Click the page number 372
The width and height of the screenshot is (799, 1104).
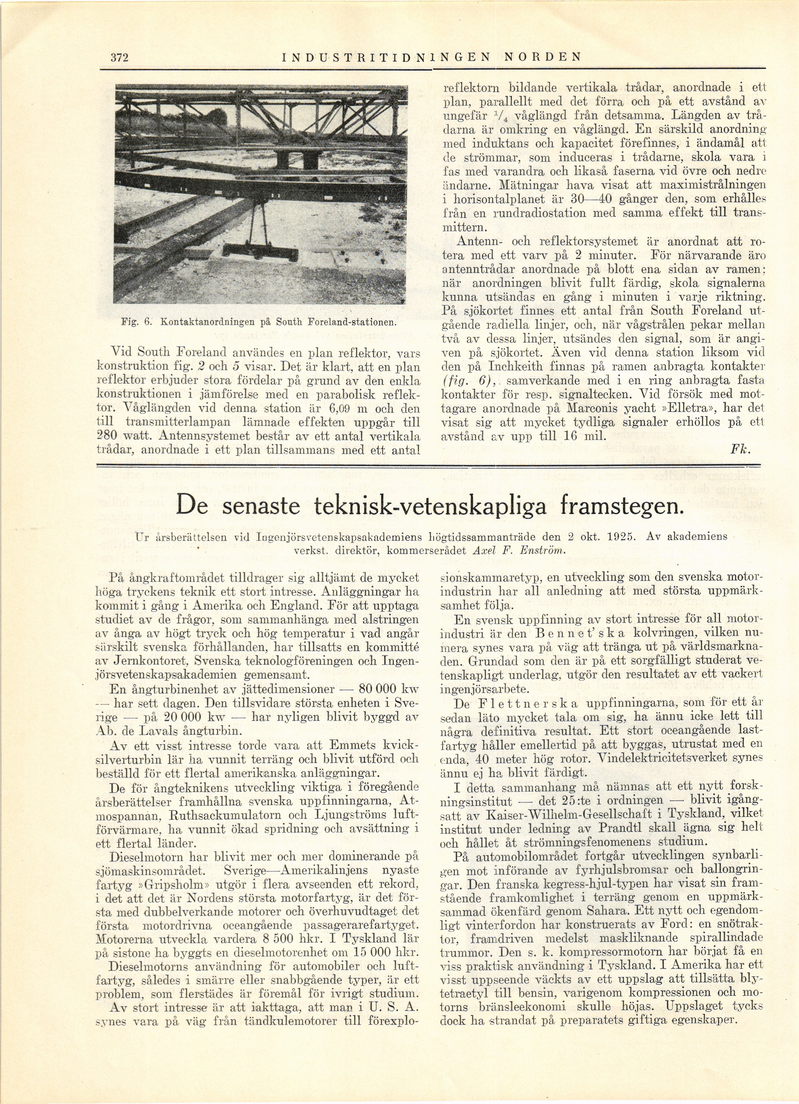point(119,57)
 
